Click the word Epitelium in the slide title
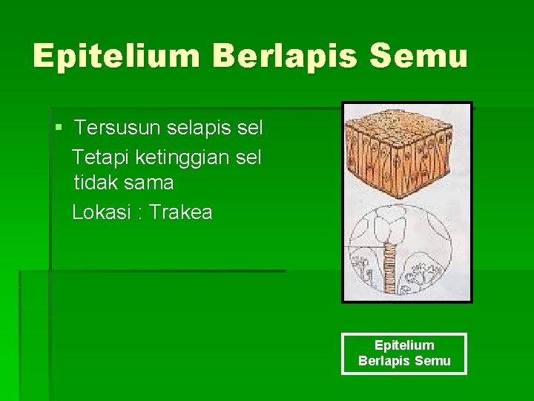pyautogui.click(x=116, y=56)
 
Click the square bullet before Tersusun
pyautogui.click(x=59, y=128)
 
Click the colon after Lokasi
pyautogui.click(x=140, y=213)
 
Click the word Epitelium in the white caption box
pyautogui.click(x=404, y=345)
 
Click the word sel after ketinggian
pyautogui.click(x=247, y=157)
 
